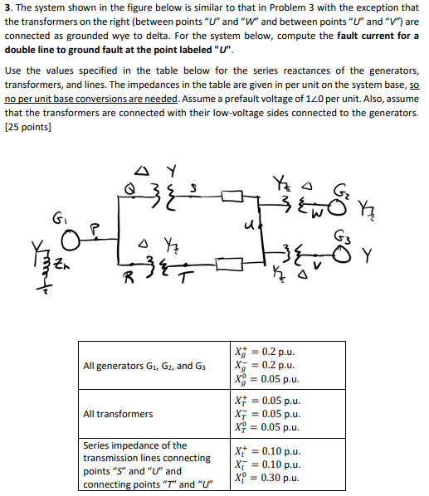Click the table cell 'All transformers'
pos(118,414)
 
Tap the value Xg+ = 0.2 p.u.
pos(265,352)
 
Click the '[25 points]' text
pos(28,127)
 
